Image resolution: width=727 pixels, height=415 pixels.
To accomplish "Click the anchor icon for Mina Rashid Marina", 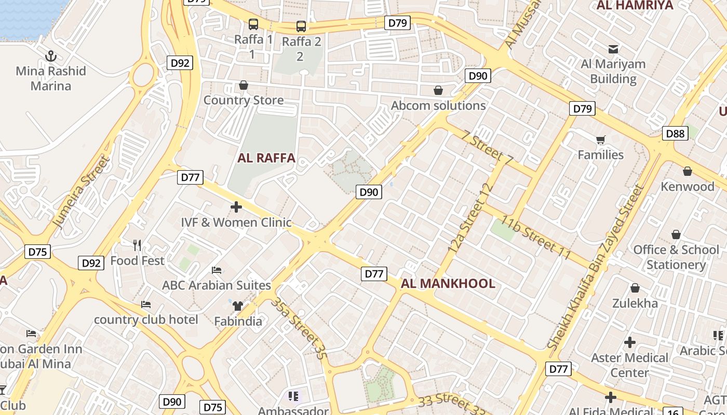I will pyautogui.click(x=51, y=56).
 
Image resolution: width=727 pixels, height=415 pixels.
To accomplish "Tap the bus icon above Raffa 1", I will pyautogui.click(x=253, y=24).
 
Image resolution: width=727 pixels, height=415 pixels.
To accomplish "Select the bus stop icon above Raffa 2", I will pyautogui.click(x=301, y=26).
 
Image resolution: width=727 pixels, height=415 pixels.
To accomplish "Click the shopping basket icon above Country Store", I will pyautogui.click(x=243, y=85).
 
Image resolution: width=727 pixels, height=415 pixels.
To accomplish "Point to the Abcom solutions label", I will pyautogui.click(x=438, y=106).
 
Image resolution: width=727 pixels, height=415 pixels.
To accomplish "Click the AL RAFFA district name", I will pyautogui.click(x=266, y=158).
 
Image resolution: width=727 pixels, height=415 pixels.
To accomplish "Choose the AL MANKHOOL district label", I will pyautogui.click(x=448, y=284).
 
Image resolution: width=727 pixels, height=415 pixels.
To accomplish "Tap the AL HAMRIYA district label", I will pyautogui.click(x=635, y=6).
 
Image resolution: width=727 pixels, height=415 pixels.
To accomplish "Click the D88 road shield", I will pyautogui.click(x=675, y=134).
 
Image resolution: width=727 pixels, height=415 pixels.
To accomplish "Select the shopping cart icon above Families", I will pyautogui.click(x=601, y=140).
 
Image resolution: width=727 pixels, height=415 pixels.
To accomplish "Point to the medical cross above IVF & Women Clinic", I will pyautogui.click(x=236, y=208).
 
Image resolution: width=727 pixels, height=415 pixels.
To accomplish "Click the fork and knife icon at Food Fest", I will pyautogui.click(x=137, y=245).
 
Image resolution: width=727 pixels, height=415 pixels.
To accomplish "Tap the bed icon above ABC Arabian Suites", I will pyautogui.click(x=217, y=270).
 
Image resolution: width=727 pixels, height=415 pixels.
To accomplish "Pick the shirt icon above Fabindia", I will pyautogui.click(x=238, y=306).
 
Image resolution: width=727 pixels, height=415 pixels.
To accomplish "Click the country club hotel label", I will pyautogui.click(x=146, y=320).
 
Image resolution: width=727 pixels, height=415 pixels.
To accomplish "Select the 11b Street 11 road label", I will pyautogui.click(x=536, y=239).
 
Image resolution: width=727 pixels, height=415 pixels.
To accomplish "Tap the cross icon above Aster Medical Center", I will pyautogui.click(x=630, y=342).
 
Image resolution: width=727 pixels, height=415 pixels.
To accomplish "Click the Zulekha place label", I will pyautogui.click(x=635, y=303).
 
